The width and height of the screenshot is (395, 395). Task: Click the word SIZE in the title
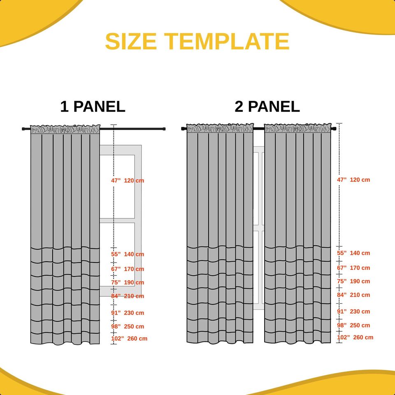coord(131,42)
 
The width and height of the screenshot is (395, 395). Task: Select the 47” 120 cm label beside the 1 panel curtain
coord(128,181)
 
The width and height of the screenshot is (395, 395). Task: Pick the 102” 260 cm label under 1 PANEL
coord(129,339)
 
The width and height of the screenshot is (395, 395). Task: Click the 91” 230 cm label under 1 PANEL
coord(128,313)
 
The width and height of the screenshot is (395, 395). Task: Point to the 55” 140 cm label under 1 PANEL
coord(128,254)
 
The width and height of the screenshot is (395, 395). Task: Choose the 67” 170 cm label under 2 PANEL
coord(353,268)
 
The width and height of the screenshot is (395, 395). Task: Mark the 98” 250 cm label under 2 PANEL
coord(353,325)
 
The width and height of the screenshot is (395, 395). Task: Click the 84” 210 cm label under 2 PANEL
coord(353,295)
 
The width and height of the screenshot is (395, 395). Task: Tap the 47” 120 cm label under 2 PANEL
coord(353,180)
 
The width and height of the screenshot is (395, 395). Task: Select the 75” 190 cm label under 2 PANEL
coord(353,281)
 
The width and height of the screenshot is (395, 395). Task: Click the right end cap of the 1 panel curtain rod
coord(164,129)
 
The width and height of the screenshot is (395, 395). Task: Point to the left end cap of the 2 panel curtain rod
coord(183,129)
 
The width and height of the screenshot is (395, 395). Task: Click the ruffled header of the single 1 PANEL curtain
coord(65,129)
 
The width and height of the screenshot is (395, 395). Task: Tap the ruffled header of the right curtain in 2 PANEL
coord(297,128)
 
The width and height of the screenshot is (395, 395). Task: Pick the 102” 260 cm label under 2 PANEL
coord(355,337)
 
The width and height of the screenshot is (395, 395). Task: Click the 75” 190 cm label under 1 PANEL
coord(128,283)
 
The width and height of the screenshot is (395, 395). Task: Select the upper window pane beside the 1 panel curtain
coord(117,186)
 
